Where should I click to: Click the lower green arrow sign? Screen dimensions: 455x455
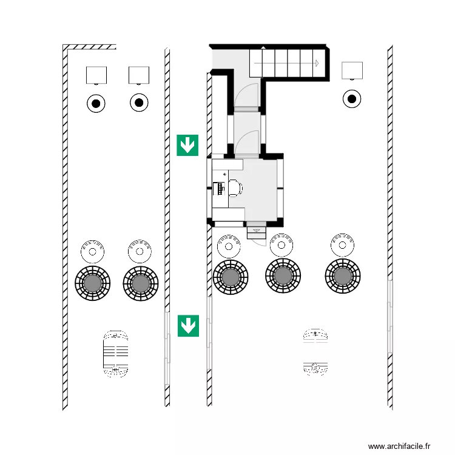click(x=188, y=325)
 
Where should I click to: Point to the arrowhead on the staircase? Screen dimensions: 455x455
click(x=316, y=62)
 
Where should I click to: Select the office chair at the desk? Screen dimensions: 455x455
click(x=235, y=188)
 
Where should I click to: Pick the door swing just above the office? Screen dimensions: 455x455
click(x=248, y=143)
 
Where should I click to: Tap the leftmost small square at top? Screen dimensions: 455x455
click(x=96, y=75)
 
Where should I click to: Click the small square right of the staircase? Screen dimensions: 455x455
click(x=352, y=71)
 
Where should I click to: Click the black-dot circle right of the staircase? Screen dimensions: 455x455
click(x=351, y=98)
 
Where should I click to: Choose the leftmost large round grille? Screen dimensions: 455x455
click(x=93, y=282)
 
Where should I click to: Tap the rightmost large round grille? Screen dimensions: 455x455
click(x=343, y=277)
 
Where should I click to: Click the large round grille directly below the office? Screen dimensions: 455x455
click(x=231, y=277)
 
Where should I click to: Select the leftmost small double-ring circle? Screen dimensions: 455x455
click(x=93, y=251)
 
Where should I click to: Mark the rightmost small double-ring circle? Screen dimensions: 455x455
click(x=343, y=244)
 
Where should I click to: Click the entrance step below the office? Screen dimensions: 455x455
click(x=256, y=230)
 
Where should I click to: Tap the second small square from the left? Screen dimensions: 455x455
click(x=139, y=75)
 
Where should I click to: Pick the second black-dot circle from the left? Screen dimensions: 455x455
click(x=139, y=103)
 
